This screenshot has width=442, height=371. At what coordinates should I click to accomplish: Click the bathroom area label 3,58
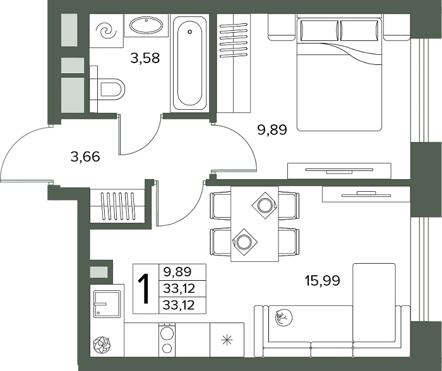145,58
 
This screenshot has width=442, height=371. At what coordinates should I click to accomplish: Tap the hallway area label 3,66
85,156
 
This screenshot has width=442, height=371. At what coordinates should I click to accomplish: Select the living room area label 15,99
323,281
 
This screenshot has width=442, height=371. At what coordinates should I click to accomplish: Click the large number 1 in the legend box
145,289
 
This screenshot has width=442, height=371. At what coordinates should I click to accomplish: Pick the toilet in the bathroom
108,89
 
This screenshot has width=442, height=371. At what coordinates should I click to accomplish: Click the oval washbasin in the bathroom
146,25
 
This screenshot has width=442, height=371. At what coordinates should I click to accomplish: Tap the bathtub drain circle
190,32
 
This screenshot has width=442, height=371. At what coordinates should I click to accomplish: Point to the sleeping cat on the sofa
284,318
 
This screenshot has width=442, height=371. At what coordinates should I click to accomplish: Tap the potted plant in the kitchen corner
102,345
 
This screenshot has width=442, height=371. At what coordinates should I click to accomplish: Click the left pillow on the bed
320,30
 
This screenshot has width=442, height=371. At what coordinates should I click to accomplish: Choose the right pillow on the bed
359,30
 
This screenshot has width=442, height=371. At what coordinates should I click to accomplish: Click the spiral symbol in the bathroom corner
106,31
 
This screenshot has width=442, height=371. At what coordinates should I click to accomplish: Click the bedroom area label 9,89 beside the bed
272,130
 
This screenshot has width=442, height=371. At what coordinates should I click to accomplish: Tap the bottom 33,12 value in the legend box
179,305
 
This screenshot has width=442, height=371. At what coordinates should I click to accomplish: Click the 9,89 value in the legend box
177,272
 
